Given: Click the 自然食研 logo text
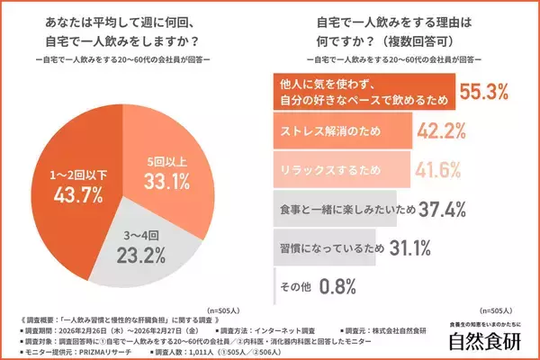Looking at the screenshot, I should [x=490, y=340].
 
